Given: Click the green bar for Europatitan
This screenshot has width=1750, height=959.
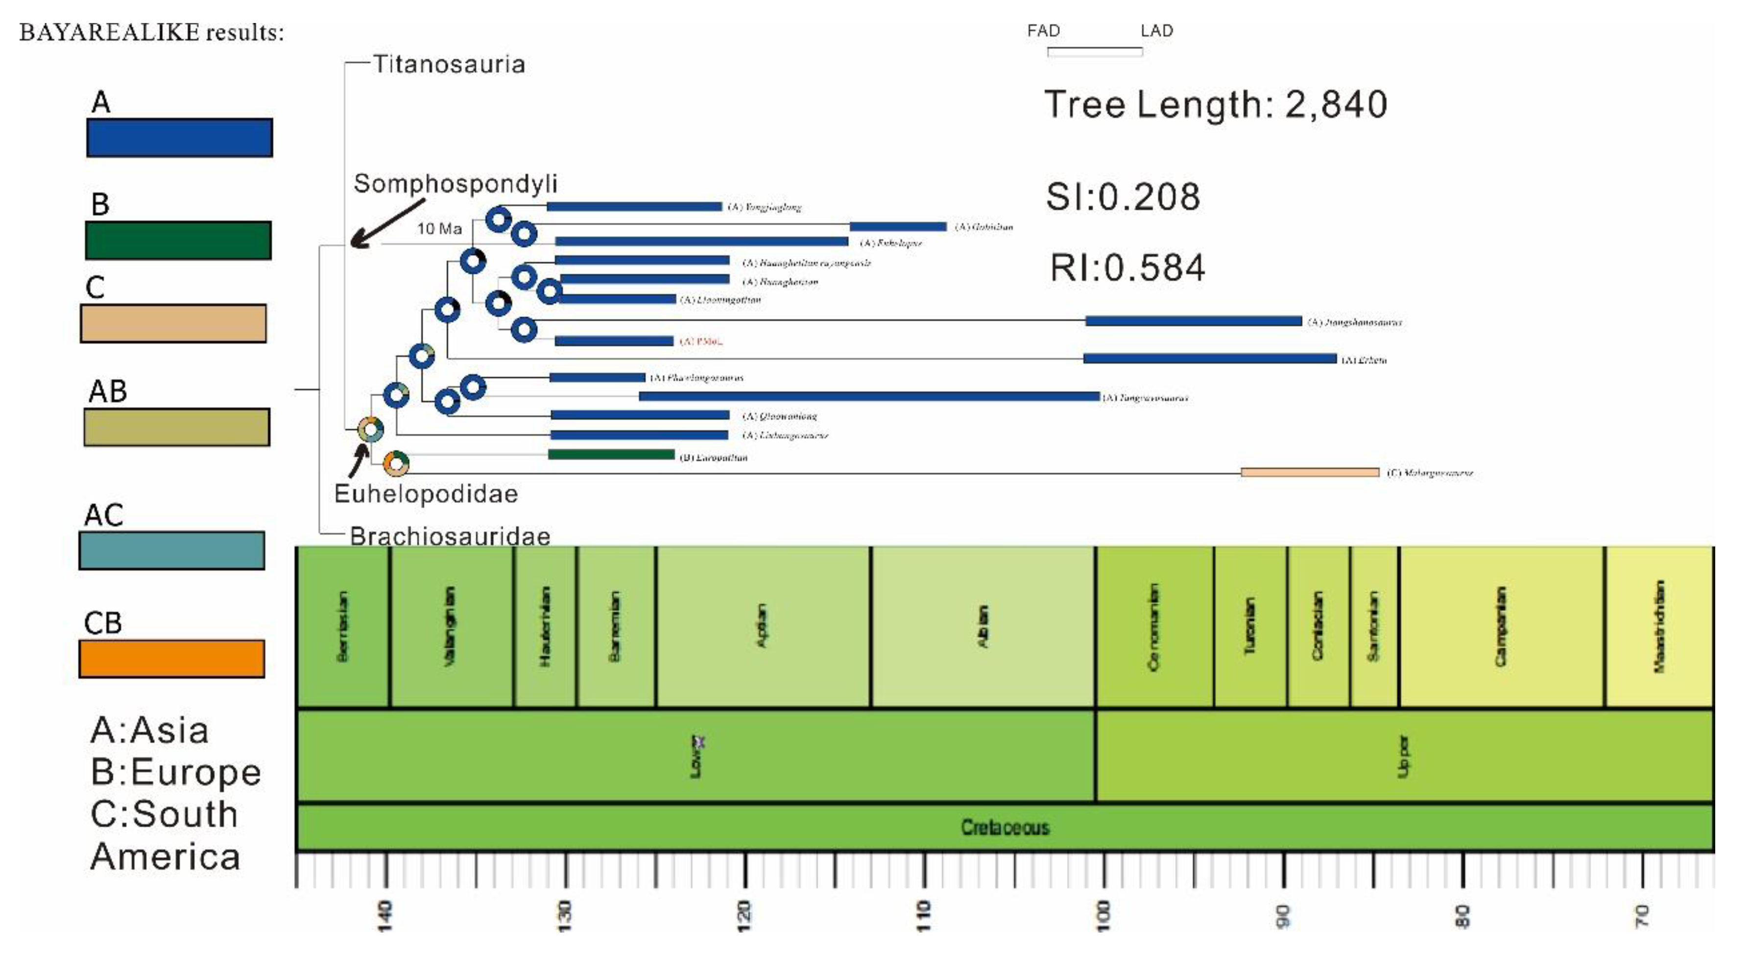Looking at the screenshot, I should [611, 454].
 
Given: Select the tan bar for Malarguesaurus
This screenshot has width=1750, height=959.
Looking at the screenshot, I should [1309, 472].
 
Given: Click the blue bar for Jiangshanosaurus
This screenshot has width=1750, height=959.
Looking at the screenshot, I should [1193, 321].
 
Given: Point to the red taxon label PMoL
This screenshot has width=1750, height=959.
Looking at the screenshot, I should [701, 341].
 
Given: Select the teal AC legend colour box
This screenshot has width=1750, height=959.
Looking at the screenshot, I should [172, 550].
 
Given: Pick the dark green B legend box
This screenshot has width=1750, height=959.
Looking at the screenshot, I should [178, 240].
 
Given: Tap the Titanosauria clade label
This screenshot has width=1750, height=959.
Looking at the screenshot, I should [448, 65].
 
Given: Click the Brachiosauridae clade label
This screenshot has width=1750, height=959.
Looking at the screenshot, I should [450, 536].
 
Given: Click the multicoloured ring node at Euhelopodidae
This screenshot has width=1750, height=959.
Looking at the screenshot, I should [371, 429].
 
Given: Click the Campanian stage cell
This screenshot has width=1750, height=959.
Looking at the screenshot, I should [1501, 626].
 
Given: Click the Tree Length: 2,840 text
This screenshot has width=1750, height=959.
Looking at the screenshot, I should [1215, 105].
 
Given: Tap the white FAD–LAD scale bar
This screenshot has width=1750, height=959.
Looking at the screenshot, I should [1095, 51].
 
